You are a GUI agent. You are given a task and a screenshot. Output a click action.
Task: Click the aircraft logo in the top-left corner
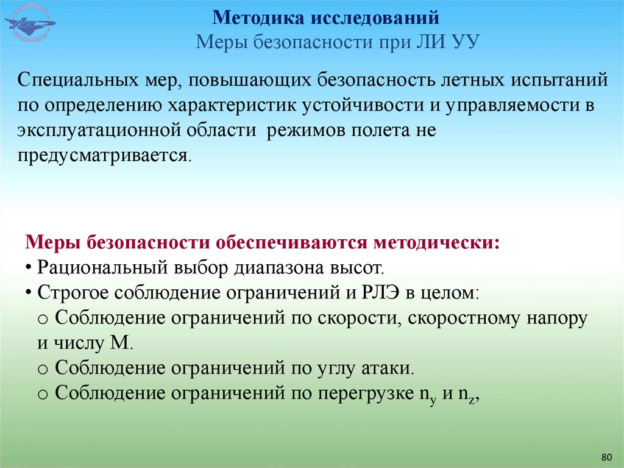(29, 24)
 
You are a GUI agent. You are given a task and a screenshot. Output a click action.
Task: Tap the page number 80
(606, 457)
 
